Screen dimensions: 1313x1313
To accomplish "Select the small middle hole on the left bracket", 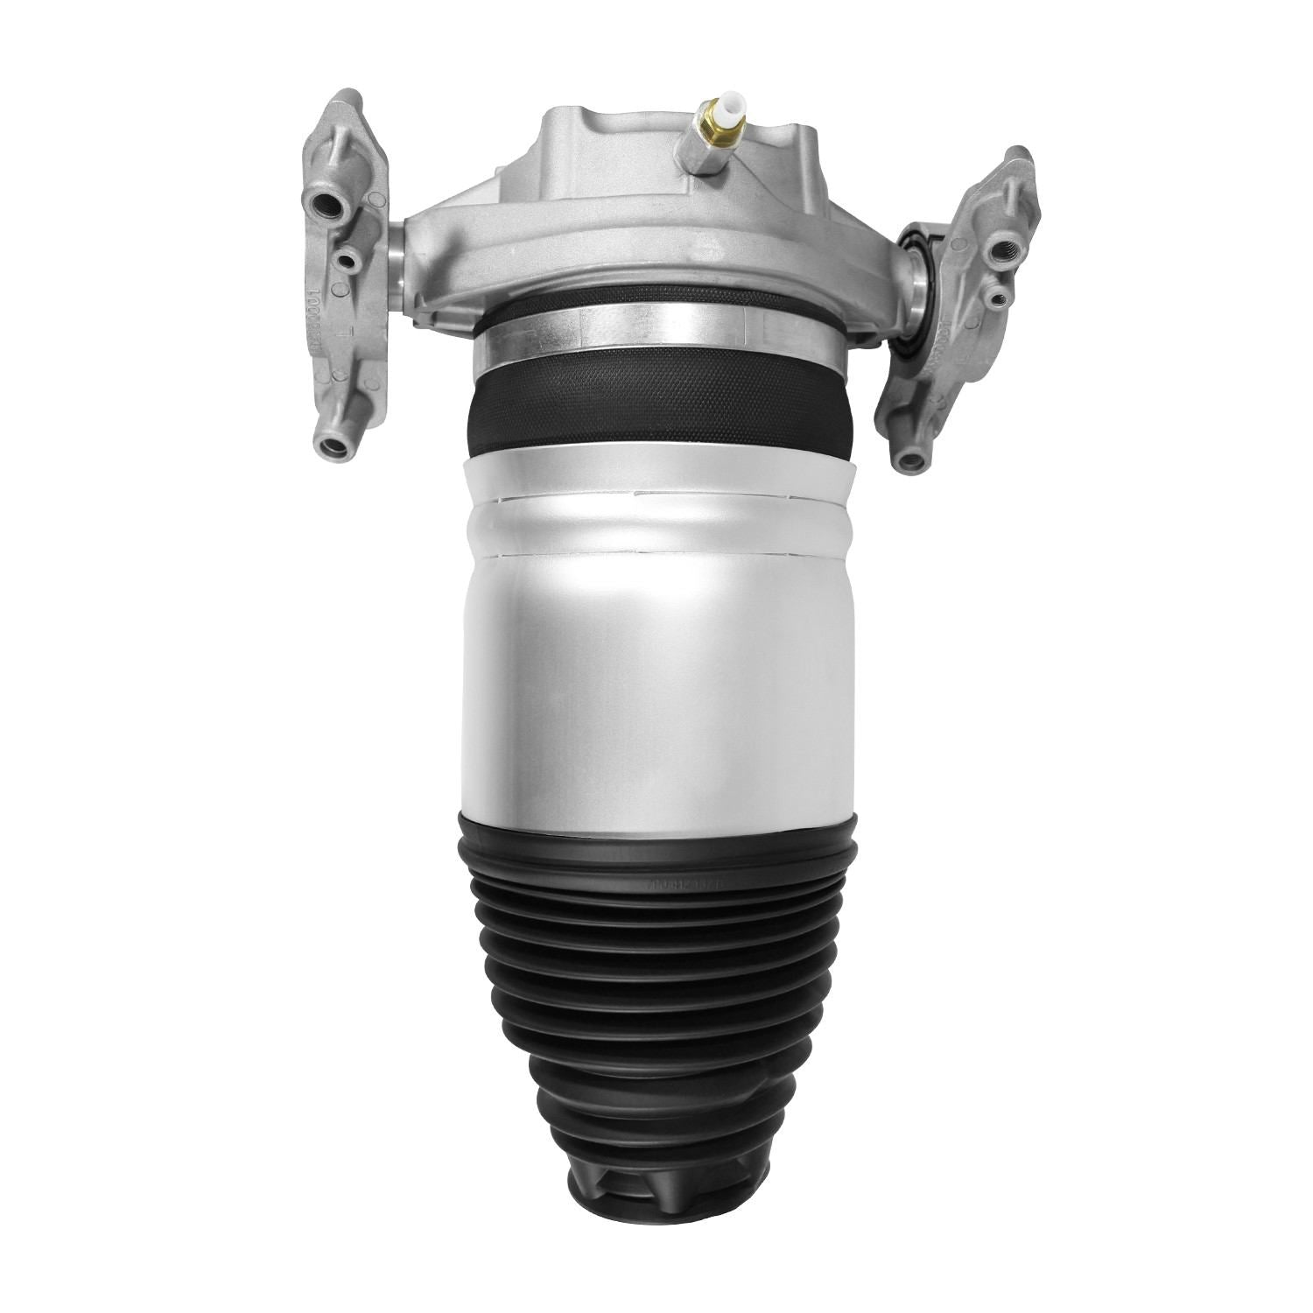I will (x=347, y=258).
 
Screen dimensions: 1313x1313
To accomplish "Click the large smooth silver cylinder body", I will (x=656, y=665).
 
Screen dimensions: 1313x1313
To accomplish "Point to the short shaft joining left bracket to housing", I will (x=396, y=263).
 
